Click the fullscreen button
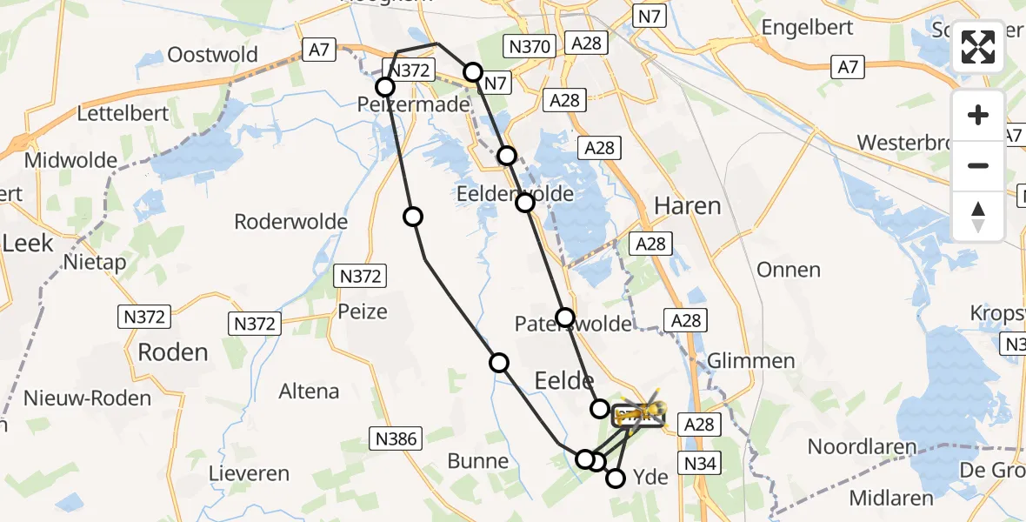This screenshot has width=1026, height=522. [978, 46]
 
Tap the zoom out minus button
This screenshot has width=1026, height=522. [978, 165]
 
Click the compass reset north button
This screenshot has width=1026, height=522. [978, 216]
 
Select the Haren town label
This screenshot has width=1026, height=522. [687, 206]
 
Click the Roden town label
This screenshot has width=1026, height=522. [172, 352]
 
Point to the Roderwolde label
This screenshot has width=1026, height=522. [290, 222]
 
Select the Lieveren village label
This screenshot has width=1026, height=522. [249, 474]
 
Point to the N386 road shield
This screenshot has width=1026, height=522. [398, 439]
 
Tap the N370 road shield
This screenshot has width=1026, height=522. [529, 46]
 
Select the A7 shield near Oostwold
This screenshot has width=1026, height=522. [318, 50]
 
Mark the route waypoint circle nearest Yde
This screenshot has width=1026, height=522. [616, 478]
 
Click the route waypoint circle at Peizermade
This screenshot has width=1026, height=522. [385, 87]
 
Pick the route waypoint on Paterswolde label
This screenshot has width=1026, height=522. [565, 318]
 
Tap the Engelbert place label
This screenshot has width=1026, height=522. [804, 28]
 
